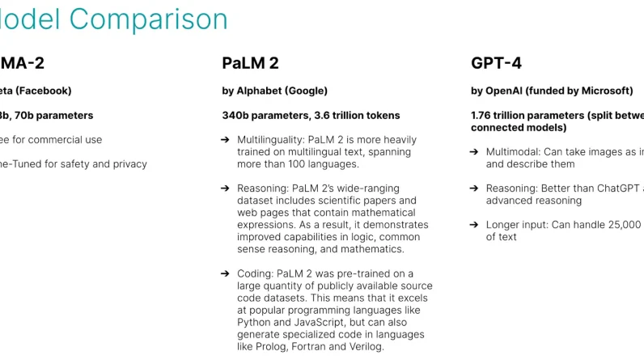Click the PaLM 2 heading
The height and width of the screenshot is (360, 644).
pyautogui.click(x=250, y=63)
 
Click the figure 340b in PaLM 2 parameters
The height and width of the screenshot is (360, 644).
pyautogui.click(x=237, y=115)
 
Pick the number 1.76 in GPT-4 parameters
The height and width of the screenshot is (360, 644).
pyautogui.click(x=484, y=115)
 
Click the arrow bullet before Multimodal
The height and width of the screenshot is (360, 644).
pyautogui.click(x=473, y=151)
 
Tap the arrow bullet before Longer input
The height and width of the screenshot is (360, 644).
pyautogui.click(x=473, y=224)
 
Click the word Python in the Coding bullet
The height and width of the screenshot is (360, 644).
pyautogui.click(x=254, y=322)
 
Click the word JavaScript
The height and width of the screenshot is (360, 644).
pyautogui.click(x=309, y=322)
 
